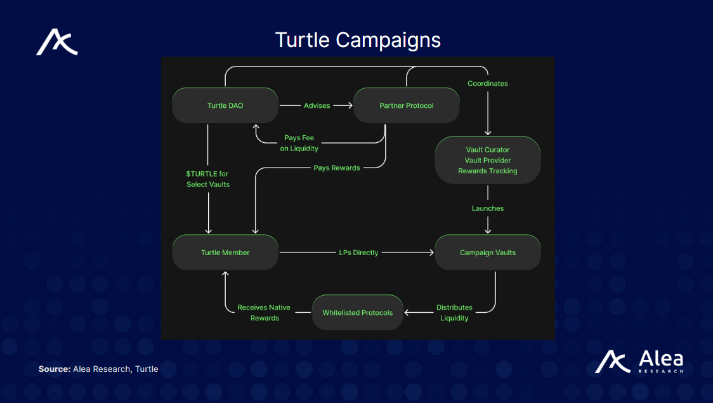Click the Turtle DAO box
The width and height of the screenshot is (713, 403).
pos(225,105)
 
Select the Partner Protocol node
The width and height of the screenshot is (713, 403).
pos(407,105)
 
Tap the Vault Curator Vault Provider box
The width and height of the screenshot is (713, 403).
pos(487,160)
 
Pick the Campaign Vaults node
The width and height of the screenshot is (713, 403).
pos(487,253)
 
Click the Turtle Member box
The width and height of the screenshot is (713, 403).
pos(225,253)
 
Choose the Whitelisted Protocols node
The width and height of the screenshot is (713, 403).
pos(358,312)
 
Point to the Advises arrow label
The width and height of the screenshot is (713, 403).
pos(317,105)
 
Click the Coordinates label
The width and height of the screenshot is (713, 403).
pos(487,83)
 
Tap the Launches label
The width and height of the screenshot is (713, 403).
pos(487,208)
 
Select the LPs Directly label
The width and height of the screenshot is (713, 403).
pos(358,253)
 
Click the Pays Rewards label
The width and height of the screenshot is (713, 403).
pos(336,168)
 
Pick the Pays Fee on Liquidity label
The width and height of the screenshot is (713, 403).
pos(299,143)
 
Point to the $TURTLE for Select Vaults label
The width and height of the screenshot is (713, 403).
pos(208,179)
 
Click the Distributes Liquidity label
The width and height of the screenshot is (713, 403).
pos(454,313)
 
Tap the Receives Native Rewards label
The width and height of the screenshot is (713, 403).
pos(264,313)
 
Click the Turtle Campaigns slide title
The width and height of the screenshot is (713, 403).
pos(358,40)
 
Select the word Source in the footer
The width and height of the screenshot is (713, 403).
pos(53,369)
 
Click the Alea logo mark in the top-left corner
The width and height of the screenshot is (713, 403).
pos(57,43)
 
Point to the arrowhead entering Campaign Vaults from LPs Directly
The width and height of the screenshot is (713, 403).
pos(431,253)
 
